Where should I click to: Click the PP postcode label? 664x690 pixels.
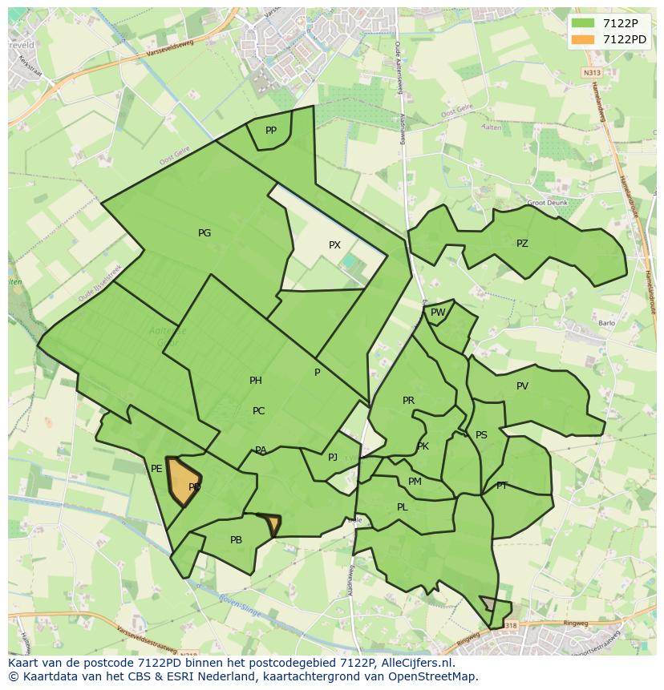point(271,131)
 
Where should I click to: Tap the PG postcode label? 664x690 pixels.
point(204,233)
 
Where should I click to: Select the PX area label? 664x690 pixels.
point(334,245)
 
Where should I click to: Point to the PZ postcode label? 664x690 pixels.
point(522,244)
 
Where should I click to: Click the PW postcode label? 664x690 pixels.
point(438,313)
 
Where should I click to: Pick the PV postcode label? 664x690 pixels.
point(522,386)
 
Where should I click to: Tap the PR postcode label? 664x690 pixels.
point(408,401)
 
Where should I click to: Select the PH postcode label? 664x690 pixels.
point(256,381)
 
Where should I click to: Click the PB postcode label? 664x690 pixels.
point(236,540)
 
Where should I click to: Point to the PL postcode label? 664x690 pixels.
point(403,507)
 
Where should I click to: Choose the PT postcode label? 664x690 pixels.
point(502,486)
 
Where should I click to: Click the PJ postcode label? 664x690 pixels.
point(333,458)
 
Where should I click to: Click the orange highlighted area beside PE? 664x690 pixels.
point(183,481)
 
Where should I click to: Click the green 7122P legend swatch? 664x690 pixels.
point(583,23)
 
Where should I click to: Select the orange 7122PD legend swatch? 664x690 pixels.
point(583,39)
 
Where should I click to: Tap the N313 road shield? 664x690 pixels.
point(592,73)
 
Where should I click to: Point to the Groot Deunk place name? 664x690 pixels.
point(547,203)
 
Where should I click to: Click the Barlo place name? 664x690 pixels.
point(606,324)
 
